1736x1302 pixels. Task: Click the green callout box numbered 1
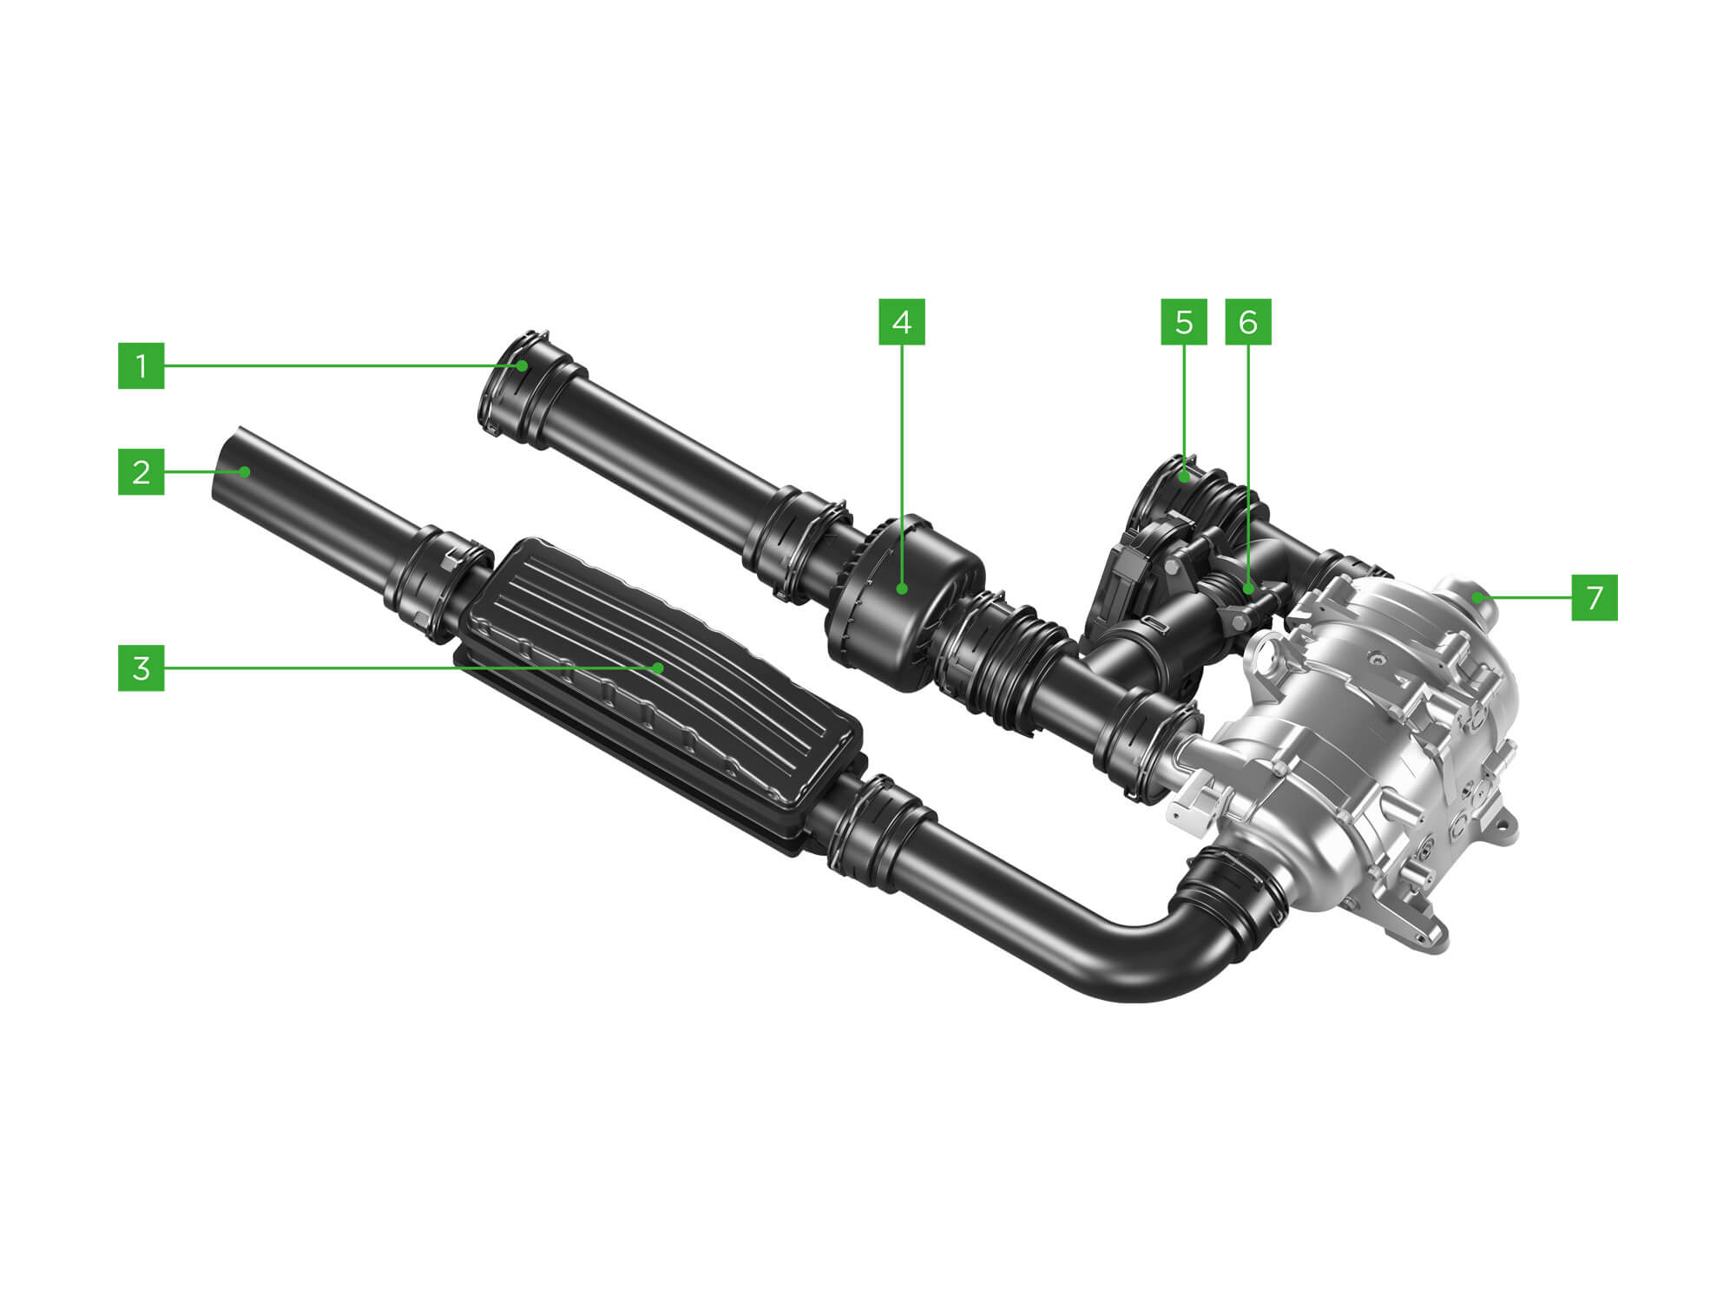141,365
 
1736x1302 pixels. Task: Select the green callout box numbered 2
141,472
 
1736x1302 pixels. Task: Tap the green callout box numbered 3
141,668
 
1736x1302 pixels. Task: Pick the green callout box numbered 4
902,322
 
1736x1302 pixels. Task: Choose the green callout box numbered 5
1184,322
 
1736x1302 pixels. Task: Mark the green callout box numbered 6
1248,322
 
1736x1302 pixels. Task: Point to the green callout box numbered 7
1595,597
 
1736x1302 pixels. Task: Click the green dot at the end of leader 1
523,365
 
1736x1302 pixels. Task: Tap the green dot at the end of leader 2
246,472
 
